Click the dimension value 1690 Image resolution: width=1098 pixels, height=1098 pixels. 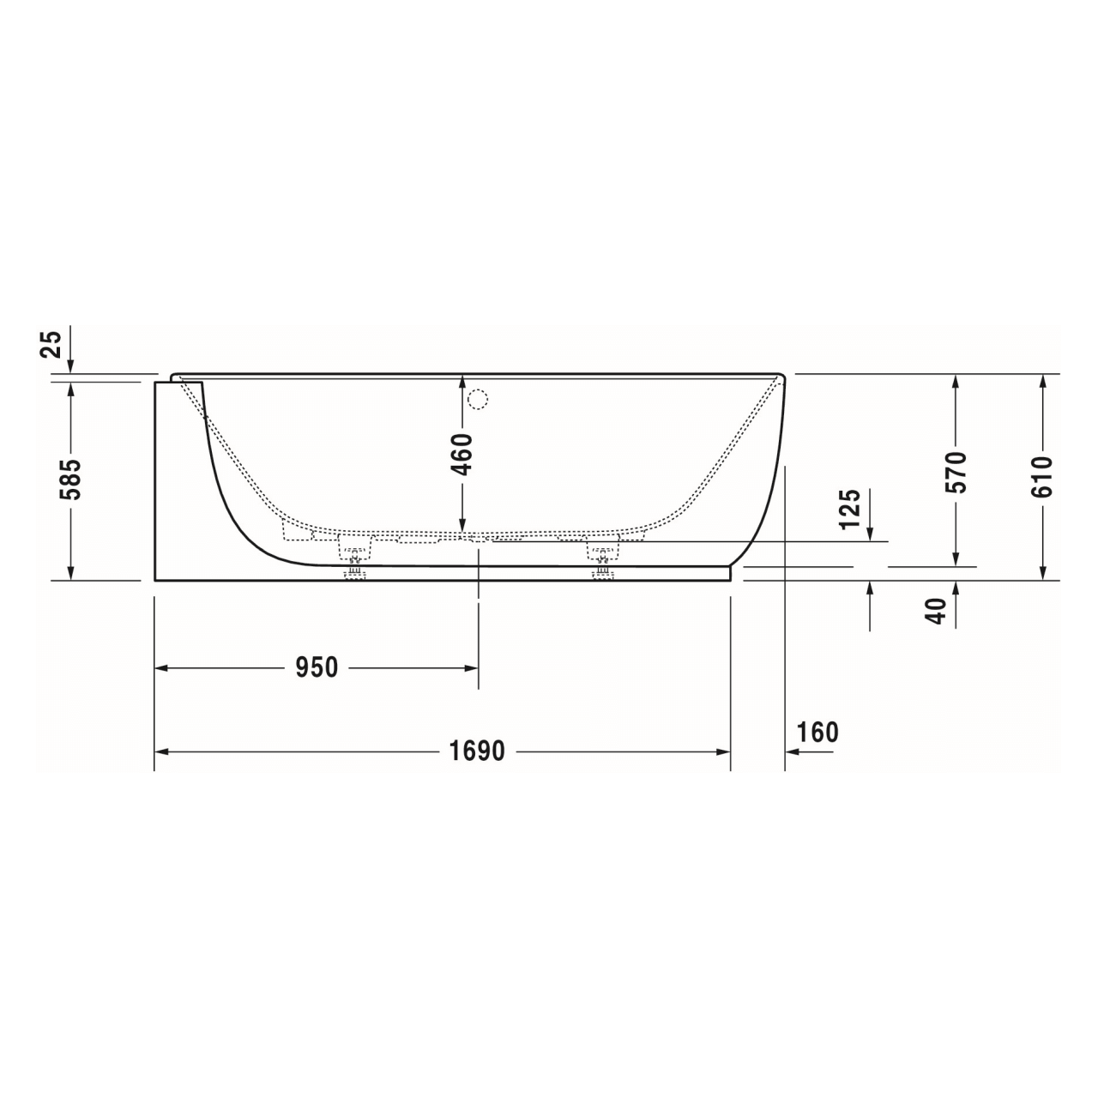coord(477,751)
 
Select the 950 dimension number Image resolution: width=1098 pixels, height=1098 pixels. coord(317,667)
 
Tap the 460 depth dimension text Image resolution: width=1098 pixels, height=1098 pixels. coord(462,455)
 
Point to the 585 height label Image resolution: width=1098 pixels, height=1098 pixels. coord(71,480)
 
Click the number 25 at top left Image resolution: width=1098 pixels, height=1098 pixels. coord(52,345)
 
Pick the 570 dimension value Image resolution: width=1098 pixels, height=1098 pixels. coord(956,471)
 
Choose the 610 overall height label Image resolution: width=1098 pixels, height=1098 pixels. coord(1041,476)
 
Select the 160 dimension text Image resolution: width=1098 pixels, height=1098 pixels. coord(817,733)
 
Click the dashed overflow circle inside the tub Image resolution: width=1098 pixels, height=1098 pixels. coord(478,400)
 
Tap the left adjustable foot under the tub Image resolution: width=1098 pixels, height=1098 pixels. coord(354,570)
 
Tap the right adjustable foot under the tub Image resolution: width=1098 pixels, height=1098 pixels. coord(602,570)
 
